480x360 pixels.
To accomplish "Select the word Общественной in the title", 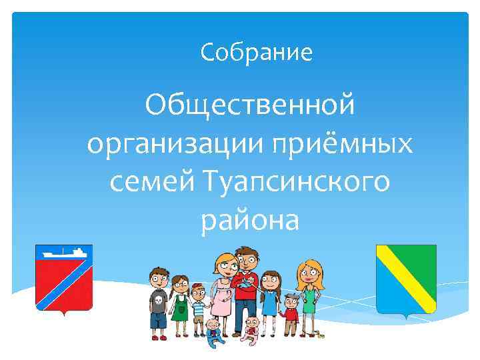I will tap(250, 106).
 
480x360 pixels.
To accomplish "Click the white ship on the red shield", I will tap(63, 253).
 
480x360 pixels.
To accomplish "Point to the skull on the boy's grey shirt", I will tap(159, 301).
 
